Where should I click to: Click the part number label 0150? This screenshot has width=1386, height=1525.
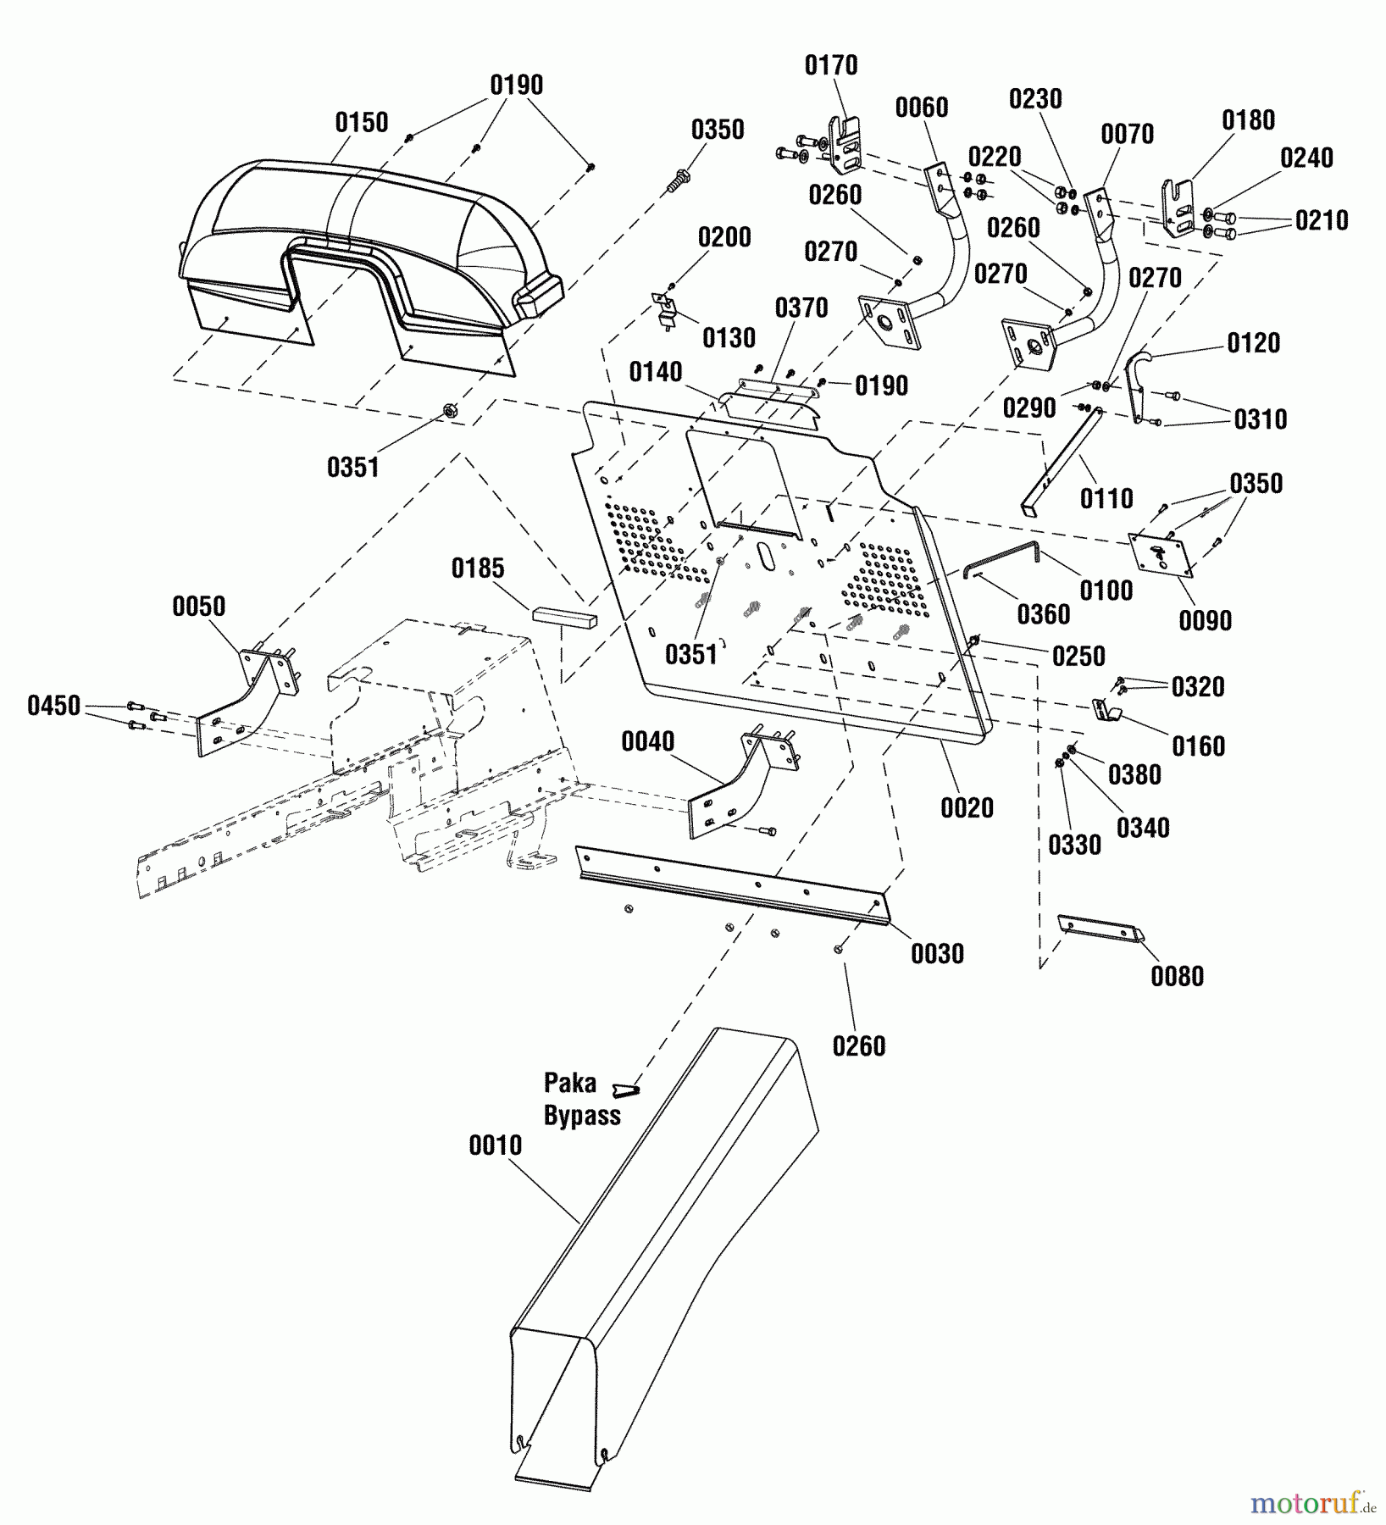pos(362,123)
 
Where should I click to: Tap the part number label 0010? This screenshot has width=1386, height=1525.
pos(496,1145)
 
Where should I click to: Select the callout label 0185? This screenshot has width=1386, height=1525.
pos(478,568)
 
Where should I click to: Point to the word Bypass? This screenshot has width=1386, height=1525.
pos(582,1116)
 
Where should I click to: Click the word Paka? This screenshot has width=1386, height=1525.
pos(570,1083)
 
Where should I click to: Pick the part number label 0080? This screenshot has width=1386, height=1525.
pos(1177,976)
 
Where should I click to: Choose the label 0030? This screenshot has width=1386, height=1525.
pos(937,954)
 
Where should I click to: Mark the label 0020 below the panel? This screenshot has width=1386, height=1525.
pos(967,808)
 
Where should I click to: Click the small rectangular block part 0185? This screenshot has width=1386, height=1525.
pos(564,617)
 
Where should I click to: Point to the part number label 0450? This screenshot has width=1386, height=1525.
pos(53,706)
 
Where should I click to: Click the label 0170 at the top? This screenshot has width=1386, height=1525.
pos(831,65)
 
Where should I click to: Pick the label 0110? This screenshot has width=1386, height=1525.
pos(1106,499)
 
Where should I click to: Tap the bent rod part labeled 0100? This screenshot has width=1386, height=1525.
pos(1008,555)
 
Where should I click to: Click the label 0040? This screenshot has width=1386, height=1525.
pos(648,742)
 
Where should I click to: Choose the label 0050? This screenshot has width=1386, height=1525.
pos(199,607)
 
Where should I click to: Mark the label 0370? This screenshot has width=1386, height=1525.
pos(801,308)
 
